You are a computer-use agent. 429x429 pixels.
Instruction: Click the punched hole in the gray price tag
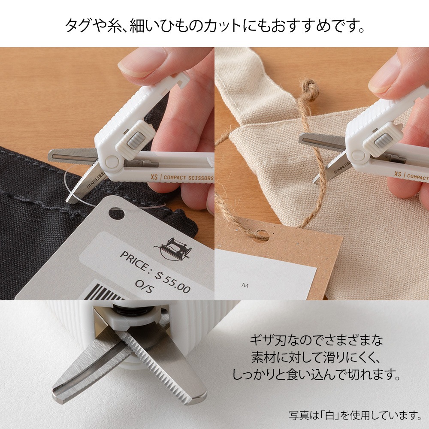115,212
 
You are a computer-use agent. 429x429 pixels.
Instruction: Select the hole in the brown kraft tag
261,235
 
